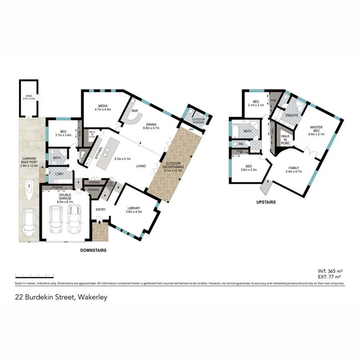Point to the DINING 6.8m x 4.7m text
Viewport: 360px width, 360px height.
tap(151, 126)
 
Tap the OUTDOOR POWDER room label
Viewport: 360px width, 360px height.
tap(198, 120)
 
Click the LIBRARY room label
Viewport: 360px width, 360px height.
tap(135, 208)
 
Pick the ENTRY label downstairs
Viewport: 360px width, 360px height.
tap(100, 210)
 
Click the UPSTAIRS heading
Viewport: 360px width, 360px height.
tap(266, 202)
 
